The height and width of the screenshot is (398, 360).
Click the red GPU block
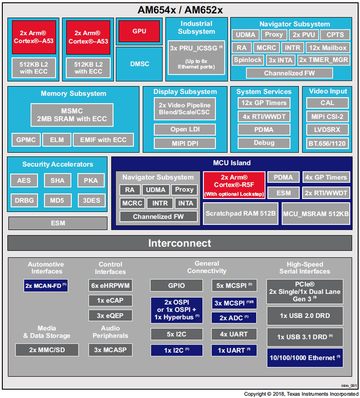[x=139, y=31]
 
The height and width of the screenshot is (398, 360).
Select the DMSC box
[x=139, y=64]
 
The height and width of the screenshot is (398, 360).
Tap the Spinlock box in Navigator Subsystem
[x=248, y=60]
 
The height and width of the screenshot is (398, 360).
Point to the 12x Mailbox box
[x=328, y=48]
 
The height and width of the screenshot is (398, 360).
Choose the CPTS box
[x=335, y=35]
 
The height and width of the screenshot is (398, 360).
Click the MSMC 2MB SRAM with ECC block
[x=72, y=114]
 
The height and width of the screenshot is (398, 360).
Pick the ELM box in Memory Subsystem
[x=57, y=139]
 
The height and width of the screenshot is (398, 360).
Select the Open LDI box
[x=186, y=129]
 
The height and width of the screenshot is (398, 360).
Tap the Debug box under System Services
[x=264, y=143]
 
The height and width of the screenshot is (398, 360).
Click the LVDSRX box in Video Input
[x=327, y=129]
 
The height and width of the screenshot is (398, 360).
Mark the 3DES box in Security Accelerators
[x=91, y=200]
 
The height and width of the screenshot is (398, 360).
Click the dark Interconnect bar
[x=180, y=243]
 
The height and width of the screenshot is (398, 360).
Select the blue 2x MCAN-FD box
[x=46, y=285]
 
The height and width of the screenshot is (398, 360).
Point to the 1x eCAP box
[x=110, y=300]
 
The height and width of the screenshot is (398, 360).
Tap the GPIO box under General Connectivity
[x=176, y=285]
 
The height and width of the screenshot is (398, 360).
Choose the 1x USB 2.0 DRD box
[x=304, y=316]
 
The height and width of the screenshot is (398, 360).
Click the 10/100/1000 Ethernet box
[x=304, y=358]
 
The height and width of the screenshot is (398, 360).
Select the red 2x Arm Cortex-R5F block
[x=233, y=185]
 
